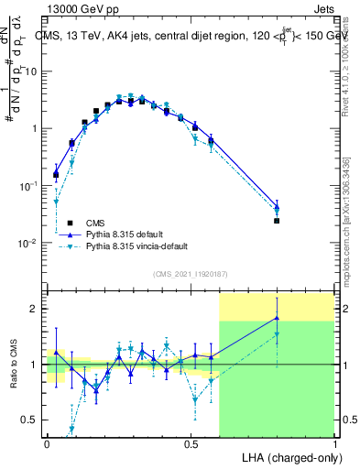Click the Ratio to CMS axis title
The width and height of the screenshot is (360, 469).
[x=16, y=364]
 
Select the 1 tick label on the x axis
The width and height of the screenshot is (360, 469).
[x=334, y=443]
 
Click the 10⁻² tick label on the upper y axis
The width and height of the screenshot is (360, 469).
[x=28, y=244]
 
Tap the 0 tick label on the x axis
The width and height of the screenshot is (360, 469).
[x=46, y=443]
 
